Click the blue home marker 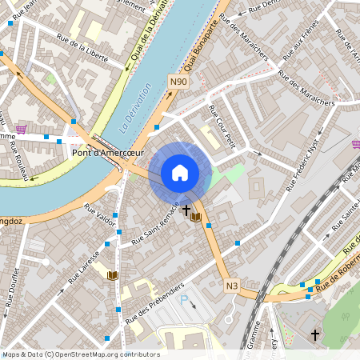[x=180, y=172]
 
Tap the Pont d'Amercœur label [x=108, y=153]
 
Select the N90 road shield [x=178, y=81]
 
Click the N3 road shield [x=232, y=286]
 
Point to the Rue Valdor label [x=100, y=214]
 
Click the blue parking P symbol [x=183, y=301]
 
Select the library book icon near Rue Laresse [x=112, y=275]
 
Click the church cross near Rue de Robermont [x=314, y=334]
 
